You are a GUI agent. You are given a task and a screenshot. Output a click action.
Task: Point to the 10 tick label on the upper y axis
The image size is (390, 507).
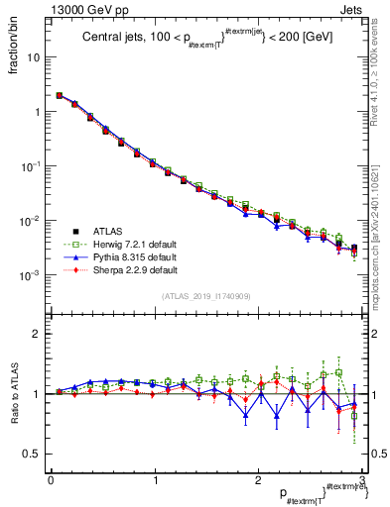tap(32, 57)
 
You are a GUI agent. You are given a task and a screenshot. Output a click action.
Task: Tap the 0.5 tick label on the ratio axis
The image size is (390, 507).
tap(31, 454)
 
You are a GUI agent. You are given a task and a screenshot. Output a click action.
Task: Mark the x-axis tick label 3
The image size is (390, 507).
tap(363, 480)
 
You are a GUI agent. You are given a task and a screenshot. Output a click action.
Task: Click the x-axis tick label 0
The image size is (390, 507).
tap(51, 480)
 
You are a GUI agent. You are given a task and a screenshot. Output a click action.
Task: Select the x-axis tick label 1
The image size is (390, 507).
tap(155, 480)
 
